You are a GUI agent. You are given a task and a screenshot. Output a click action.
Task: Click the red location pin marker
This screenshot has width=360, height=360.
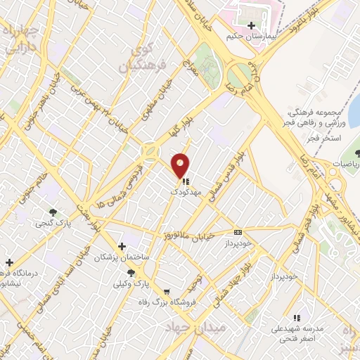(181, 165)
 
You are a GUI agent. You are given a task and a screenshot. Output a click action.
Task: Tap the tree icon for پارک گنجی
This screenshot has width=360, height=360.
(53, 212)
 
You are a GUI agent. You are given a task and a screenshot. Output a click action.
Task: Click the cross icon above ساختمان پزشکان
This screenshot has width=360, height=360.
(123, 246)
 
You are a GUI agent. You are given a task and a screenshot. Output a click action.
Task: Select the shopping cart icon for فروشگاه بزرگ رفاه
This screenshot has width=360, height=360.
(167, 292)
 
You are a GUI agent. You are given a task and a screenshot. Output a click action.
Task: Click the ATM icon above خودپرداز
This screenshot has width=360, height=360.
(238, 232)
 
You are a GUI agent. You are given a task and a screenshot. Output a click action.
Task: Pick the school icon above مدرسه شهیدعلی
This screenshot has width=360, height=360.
(296, 318)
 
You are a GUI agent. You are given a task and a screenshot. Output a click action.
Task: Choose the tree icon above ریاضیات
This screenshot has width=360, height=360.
(356, 153)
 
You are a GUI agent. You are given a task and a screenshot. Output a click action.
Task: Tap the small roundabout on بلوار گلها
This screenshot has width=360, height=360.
(150, 150)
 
